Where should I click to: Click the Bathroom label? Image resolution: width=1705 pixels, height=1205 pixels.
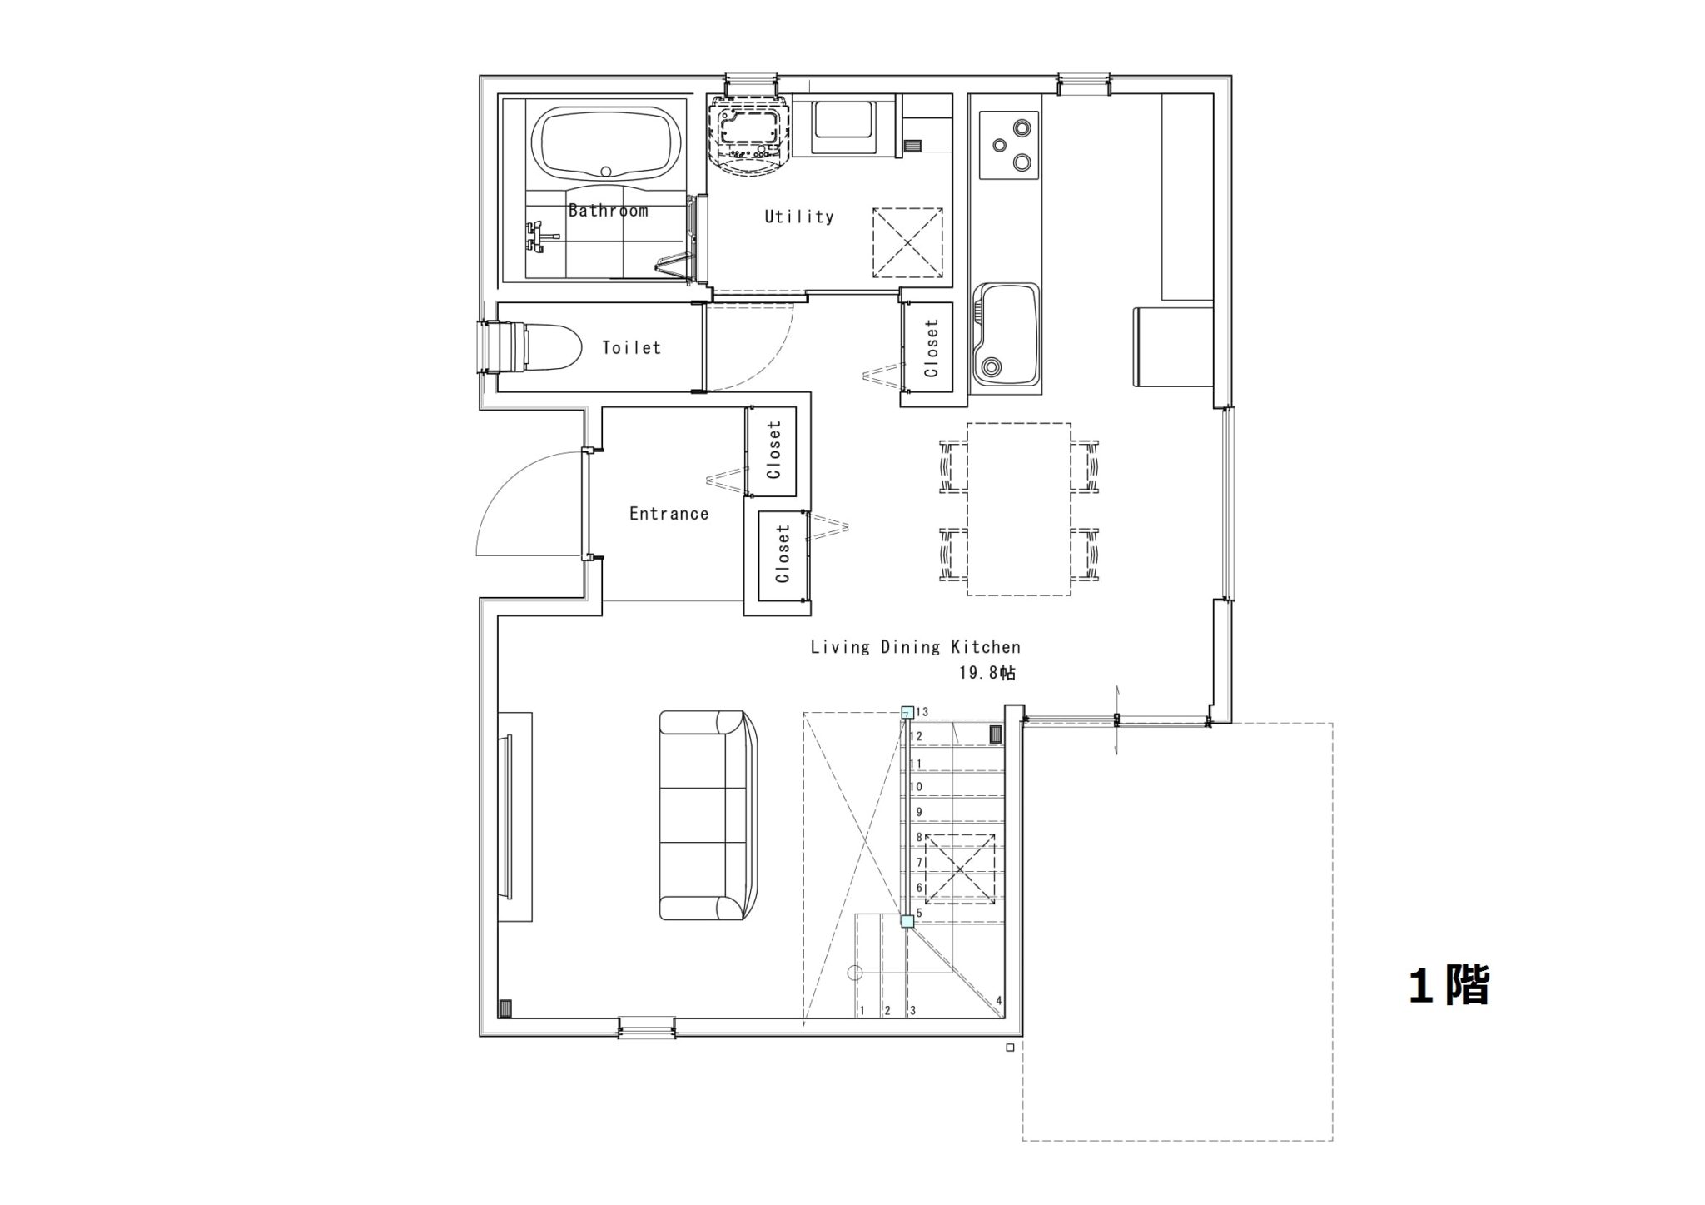(x=608, y=211)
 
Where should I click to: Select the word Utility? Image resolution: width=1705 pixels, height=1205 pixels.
(x=799, y=217)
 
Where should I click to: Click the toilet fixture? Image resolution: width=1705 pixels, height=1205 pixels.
(x=533, y=347)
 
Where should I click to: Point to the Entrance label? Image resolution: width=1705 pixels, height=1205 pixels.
(x=669, y=514)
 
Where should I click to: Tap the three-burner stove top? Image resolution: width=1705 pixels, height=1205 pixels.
(x=1010, y=145)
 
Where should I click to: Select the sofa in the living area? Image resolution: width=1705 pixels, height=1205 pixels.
(x=708, y=815)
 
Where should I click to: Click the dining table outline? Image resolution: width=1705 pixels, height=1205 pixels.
(x=1019, y=509)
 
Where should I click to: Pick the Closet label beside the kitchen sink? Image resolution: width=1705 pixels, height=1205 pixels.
(x=932, y=348)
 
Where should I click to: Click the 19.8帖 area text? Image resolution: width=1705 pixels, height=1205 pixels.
(x=987, y=673)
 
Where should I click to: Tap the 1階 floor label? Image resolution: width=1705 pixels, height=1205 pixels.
(x=1449, y=986)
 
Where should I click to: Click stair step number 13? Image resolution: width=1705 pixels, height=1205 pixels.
(x=922, y=712)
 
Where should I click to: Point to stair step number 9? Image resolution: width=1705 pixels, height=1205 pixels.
(x=919, y=812)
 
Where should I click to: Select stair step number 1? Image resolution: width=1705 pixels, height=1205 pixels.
(x=862, y=1011)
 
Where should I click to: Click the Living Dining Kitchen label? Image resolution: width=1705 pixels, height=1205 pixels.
(x=916, y=647)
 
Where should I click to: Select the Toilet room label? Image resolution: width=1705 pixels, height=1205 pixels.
(x=632, y=347)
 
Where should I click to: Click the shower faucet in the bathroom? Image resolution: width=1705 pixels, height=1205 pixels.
(x=538, y=237)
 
